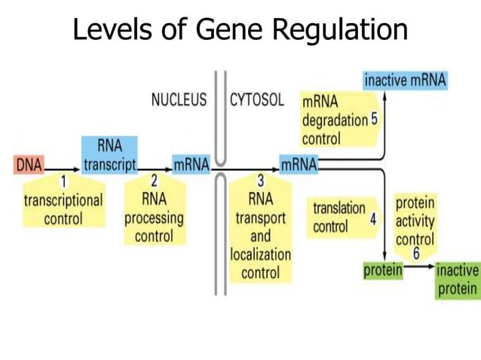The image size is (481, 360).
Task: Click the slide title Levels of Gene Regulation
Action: tap(240, 29)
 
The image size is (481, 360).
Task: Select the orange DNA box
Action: tap(29, 164)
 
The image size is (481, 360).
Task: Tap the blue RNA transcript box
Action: tap(110, 155)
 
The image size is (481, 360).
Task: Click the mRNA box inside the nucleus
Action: tap(191, 164)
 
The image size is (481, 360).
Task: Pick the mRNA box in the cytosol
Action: tap(299, 164)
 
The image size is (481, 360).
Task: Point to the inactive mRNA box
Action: tap(405, 80)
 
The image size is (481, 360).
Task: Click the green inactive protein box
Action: tap(458, 279)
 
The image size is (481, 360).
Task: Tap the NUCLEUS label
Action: tap(179, 100)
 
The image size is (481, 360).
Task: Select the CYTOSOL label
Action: tap(257, 100)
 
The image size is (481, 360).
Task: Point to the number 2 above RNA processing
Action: tap(154, 182)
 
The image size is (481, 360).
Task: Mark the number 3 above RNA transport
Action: tap(260, 182)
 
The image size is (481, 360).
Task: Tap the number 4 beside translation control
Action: tap(372, 218)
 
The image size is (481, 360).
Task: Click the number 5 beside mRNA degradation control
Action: tap(374, 119)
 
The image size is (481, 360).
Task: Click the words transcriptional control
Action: tap(63, 210)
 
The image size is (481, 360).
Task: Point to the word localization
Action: tap(260, 255)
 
